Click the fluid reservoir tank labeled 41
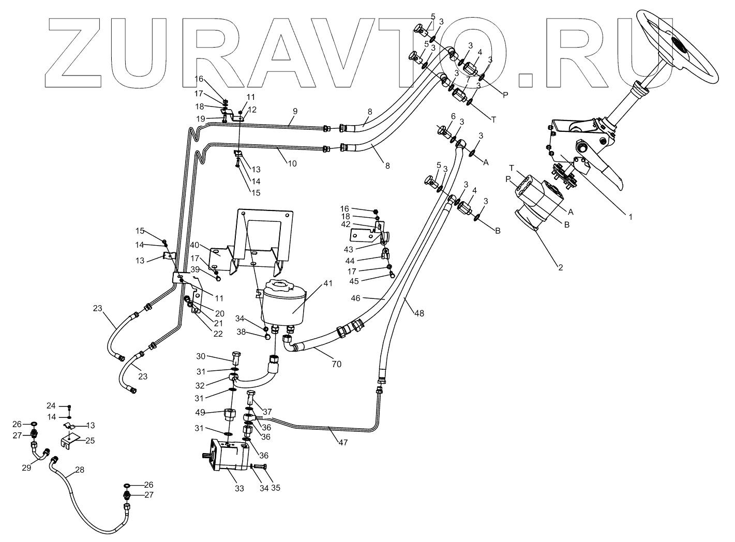pyautogui.click(x=282, y=303)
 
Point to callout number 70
pyautogui.click(x=337, y=364)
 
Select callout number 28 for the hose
pyautogui.click(x=79, y=470)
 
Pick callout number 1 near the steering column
pyautogui.click(x=630, y=218)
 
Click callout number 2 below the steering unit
pyautogui.click(x=560, y=267)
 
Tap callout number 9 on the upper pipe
pyautogui.click(x=295, y=111)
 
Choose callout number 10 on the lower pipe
pyautogui.click(x=292, y=163)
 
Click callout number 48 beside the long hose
pyautogui.click(x=419, y=313)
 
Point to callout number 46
pyautogui.click(x=370, y=298)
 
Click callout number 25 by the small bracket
pyautogui.click(x=90, y=440)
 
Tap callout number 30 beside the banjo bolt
pyautogui.click(x=201, y=356)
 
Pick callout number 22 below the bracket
pyautogui.click(x=218, y=334)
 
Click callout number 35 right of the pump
pyautogui.click(x=275, y=488)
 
